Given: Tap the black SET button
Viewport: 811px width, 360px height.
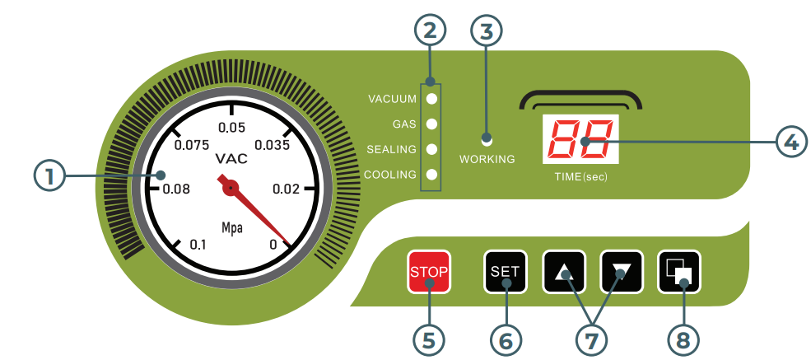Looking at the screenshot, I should tap(505, 271).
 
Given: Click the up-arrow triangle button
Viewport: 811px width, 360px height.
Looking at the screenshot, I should tap(564, 271).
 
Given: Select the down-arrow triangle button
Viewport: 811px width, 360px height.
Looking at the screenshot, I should tap(622, 271).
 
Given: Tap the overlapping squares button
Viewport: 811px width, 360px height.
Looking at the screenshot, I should tap(679, 271).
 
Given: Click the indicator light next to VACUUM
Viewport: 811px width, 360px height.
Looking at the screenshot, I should tap(431, 99).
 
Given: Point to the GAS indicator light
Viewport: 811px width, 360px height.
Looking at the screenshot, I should tap(431, 124).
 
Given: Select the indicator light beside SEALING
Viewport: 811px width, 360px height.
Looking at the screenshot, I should tap(431, 149).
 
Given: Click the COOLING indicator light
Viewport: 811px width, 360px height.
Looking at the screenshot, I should tap(431, 174).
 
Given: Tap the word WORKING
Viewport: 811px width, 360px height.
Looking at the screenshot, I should tap(487, 159).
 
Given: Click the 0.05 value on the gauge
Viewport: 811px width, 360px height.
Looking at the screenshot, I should tap(231, 128).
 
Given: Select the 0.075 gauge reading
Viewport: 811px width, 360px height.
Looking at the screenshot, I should tap(193, 145).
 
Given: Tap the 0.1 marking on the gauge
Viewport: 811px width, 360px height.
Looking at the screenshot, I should tap(198, 244).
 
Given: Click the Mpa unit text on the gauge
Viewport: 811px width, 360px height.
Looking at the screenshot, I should tap(231, 227).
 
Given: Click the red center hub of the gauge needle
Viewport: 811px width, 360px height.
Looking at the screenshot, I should tap(231, 188).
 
